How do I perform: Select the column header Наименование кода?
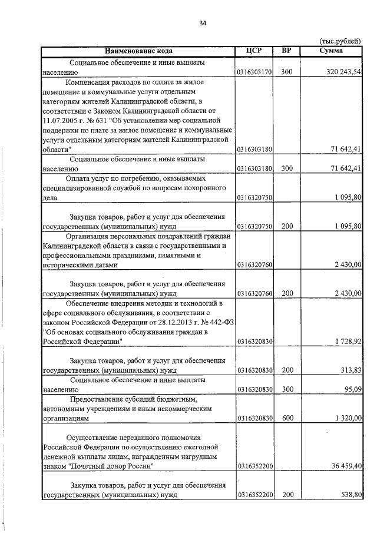click(x=137, y=51)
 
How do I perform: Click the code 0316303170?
click(x=254, y=72)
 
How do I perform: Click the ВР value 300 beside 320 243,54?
click(x=287, y=72)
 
